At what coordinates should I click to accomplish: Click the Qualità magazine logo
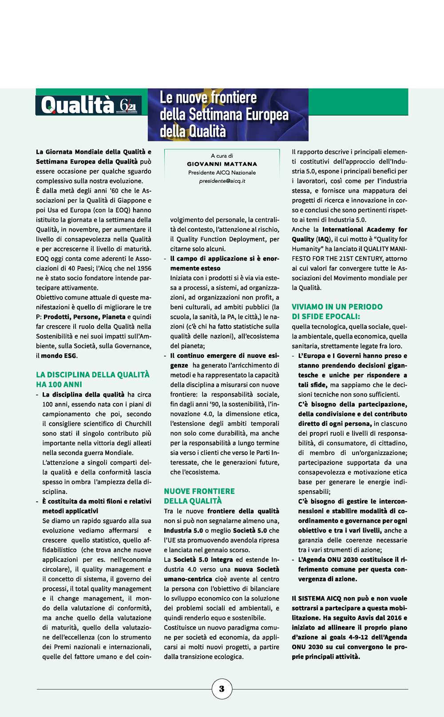(x=77, y=105)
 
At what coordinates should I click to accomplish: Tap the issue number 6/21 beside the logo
(x=128, y=105)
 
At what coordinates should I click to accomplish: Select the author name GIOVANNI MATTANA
(x=222, y=164)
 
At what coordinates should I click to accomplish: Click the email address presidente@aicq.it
(x=222, y=181)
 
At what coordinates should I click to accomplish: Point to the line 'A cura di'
(x=222, y=156)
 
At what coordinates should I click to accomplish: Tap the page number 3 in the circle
(x=222, y=689)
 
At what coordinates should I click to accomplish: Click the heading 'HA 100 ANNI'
(x=59, y=385)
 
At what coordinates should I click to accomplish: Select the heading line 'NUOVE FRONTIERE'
(x=199, y=491)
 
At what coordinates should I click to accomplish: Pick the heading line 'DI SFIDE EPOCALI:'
(x=326, y=316)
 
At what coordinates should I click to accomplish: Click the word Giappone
(x=133, y=200)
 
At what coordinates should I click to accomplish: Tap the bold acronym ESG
(x=70, y=356)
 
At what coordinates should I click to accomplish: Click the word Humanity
(x=306, y=249)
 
